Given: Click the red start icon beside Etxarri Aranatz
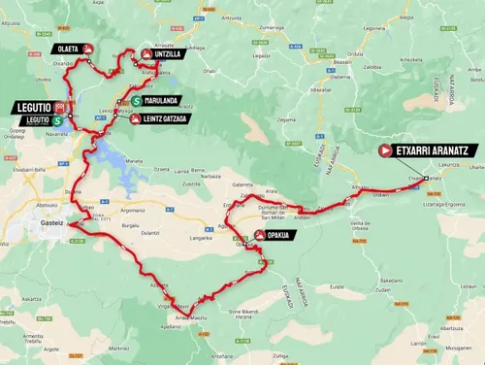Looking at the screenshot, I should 385,150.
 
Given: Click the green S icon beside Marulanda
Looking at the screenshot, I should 137,100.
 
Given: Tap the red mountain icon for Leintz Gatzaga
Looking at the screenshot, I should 137,118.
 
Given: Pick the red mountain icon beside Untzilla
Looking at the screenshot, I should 145,55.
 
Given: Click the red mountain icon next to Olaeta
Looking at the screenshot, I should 88,48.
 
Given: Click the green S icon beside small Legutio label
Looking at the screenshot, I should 58,119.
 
